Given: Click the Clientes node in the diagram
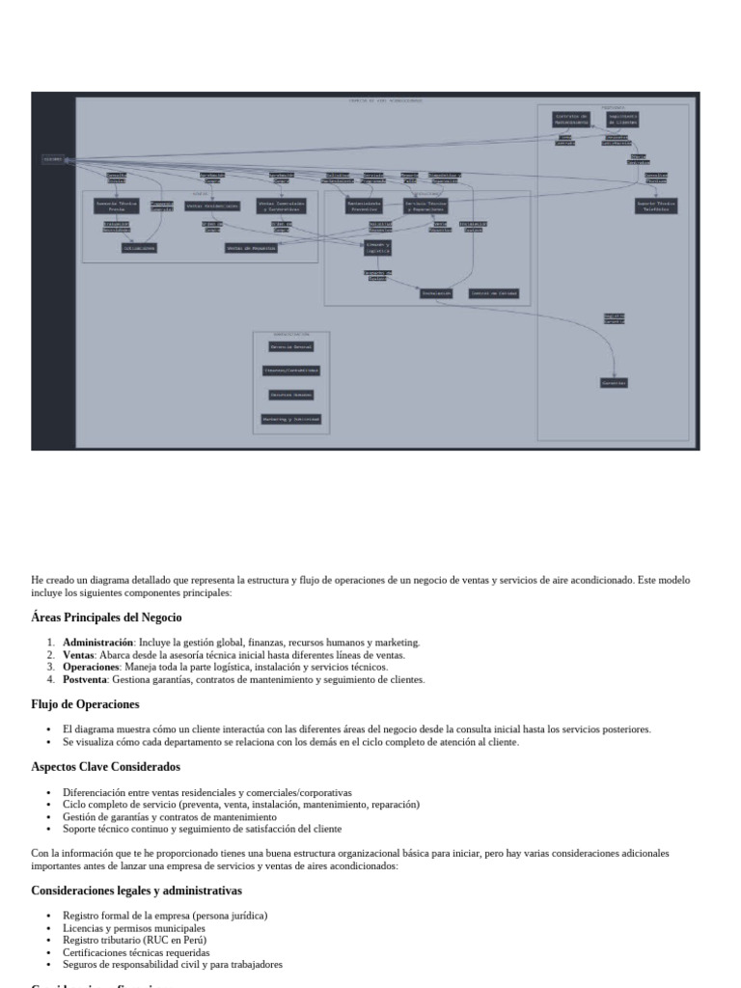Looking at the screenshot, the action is tap(53, 159).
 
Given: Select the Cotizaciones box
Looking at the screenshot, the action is tap(139, 248).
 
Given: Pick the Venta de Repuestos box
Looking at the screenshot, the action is tap(251, 248).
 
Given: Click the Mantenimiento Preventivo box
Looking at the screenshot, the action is tap(365, 206).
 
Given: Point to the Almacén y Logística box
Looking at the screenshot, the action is tap(377, 248).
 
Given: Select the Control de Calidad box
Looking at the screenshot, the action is tap(494, 293).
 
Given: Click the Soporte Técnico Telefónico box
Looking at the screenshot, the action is tap(656, 206).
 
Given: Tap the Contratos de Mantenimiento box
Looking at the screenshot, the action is tap(570, 119).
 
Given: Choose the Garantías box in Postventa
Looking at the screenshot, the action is tap(615, 383).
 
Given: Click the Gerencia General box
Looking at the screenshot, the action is tap(290, 347).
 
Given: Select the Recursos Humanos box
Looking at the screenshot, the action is tap(290, 395).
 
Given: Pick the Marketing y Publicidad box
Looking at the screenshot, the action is tap(290, 419).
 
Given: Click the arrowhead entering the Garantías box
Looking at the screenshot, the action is tap(615, 374).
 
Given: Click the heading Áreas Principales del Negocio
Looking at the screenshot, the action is tap(106, 617).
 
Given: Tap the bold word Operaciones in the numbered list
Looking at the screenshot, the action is tap(90, 667).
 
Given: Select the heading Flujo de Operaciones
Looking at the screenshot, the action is tap(85, 704).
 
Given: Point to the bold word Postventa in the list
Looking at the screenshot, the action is tap(85, 679).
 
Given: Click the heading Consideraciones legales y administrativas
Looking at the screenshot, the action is tap(136, 891).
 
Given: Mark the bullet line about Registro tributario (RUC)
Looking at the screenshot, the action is tap(134, 940).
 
